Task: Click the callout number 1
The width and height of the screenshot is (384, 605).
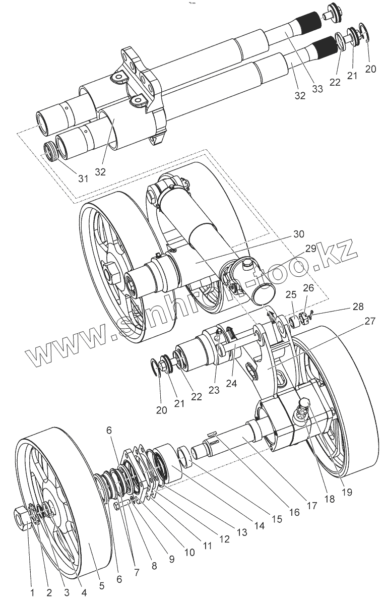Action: coord(33,593)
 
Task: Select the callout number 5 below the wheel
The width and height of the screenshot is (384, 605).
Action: coord(102,586)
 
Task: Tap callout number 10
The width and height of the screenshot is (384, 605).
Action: coord(189,552)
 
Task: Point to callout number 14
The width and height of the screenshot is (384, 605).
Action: coord(259,525)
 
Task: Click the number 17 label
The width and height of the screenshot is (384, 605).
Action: coord(312,505)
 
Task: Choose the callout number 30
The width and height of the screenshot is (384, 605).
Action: coord(299,234)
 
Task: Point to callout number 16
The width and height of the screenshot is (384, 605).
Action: coord(293,512)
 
